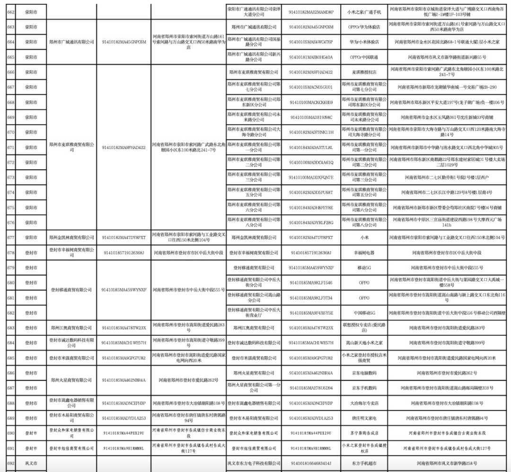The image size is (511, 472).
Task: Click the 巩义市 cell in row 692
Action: (x=32, y=463)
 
